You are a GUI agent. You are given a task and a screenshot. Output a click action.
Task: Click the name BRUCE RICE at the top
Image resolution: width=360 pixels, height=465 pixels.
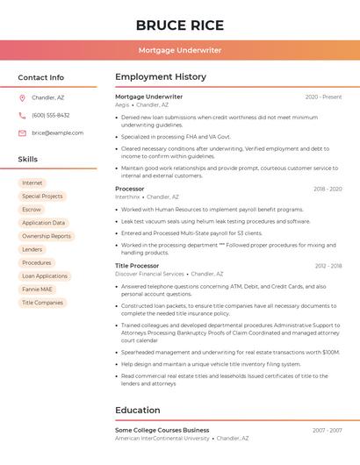pyautogui.click(x=180, y=25)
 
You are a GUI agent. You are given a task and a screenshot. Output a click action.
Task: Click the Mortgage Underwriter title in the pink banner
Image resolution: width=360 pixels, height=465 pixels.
pyautogui.click(x=180, y=51)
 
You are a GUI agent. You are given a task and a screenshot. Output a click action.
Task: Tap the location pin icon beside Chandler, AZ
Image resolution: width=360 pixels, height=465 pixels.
pyautogui.click(x=22, y=98)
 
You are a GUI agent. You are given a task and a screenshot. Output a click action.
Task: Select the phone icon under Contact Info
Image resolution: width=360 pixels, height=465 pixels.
pyautogui.click(x=22, y=116)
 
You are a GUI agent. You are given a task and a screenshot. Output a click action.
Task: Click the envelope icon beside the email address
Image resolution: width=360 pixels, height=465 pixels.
pyautogui.click(x=22, y=133)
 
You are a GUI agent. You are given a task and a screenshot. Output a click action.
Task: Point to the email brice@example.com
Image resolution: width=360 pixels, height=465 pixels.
pyautogui.click(x=57, y=133)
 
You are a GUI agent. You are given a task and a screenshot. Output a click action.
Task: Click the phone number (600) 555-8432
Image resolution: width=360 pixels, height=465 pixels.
pyautogui.click(x=50, y=116)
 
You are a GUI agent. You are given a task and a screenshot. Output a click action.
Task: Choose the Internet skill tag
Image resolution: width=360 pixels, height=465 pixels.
pyautogui.click(x=32, y=183)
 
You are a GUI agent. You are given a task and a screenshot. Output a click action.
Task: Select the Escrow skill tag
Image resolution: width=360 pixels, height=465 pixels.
pyautogui.click(x=32, y=210)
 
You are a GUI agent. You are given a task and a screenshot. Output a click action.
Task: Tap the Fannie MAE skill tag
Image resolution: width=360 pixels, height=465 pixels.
pyautogui.click(x=37, y=290)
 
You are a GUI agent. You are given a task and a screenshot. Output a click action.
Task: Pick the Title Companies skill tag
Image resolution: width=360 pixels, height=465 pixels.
pyautogui.click(x=42, y=303)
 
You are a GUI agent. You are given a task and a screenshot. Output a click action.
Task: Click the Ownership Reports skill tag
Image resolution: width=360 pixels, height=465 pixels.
pyautogui.click(x=47, y=236)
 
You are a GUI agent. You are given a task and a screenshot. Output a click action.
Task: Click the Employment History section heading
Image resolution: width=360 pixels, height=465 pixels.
pyautogui.click(x=161, y=77)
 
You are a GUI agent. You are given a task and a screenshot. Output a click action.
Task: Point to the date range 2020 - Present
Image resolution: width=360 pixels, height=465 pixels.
pyautogui.click(x=323, y=97)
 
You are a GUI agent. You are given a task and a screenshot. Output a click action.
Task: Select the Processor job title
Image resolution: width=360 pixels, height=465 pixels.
pyautogui.click(x=130, y=190)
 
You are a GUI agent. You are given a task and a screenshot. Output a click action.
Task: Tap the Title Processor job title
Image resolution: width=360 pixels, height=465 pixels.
pyautogui.click(x=137, y=266)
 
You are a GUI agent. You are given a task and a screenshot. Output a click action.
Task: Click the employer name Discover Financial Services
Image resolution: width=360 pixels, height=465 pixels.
pyautogui.click(x=149, y=274)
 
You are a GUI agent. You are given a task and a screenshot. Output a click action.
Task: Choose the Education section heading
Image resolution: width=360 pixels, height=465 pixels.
pyautogui.click(x=138, y=411)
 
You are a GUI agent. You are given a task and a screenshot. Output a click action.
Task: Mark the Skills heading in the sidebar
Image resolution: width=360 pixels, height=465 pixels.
pyautogui.click(x=28, y=160)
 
